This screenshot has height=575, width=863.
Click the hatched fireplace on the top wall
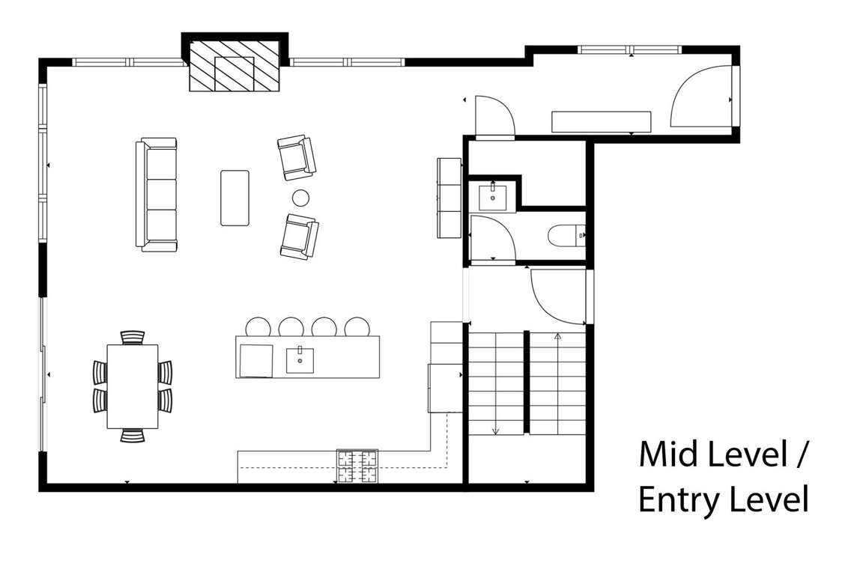click(x=235, y=65)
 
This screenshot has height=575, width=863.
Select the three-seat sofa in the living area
click(x=157, y=195)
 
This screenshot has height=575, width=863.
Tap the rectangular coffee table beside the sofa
click(x=234, y=198)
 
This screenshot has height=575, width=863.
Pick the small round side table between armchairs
click(x=300, y=197)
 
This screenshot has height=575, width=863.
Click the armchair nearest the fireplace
click(x=297, y=157)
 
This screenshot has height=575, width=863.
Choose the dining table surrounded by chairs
click(x=133, y=386)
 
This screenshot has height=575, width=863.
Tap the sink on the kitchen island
click(x=300, y=360)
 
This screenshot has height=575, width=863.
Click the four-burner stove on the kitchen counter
click(x=357, y=466)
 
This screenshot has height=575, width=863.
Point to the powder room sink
click(x=493, y=197)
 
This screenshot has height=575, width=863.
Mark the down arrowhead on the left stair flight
click(x=495, y=431)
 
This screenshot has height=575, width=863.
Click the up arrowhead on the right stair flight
click(x=557, y=335)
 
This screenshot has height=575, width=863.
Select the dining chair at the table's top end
click(x=133, y=337)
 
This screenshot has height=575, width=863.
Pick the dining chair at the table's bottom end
click(x=133, y=436)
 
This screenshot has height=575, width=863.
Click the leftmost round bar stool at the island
click(x=258, y=326)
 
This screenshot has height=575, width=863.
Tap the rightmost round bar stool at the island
click(x=357, y=326)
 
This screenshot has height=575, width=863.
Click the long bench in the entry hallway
click(x=602, y=122)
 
